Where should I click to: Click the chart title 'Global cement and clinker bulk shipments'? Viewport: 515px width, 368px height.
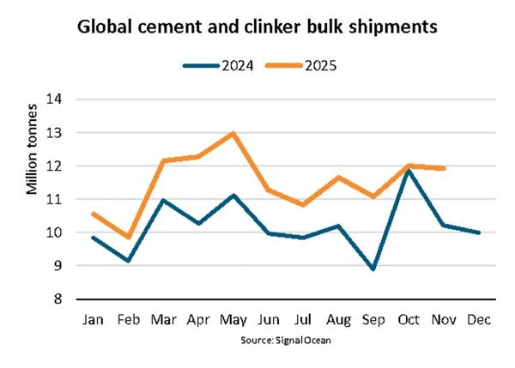pos(257,27)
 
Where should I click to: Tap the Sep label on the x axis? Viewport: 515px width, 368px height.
pos(373,321)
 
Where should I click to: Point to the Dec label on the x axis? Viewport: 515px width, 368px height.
pos(479,321)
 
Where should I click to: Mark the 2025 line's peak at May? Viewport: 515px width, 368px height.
pos(233,133)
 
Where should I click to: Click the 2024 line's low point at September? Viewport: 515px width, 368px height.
pos(373,269)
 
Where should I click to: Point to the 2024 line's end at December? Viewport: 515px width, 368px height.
pos(479,232)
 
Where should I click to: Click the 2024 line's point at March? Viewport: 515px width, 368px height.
pos(162,201)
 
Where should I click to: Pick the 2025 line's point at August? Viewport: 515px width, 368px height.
pos(338,178)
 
